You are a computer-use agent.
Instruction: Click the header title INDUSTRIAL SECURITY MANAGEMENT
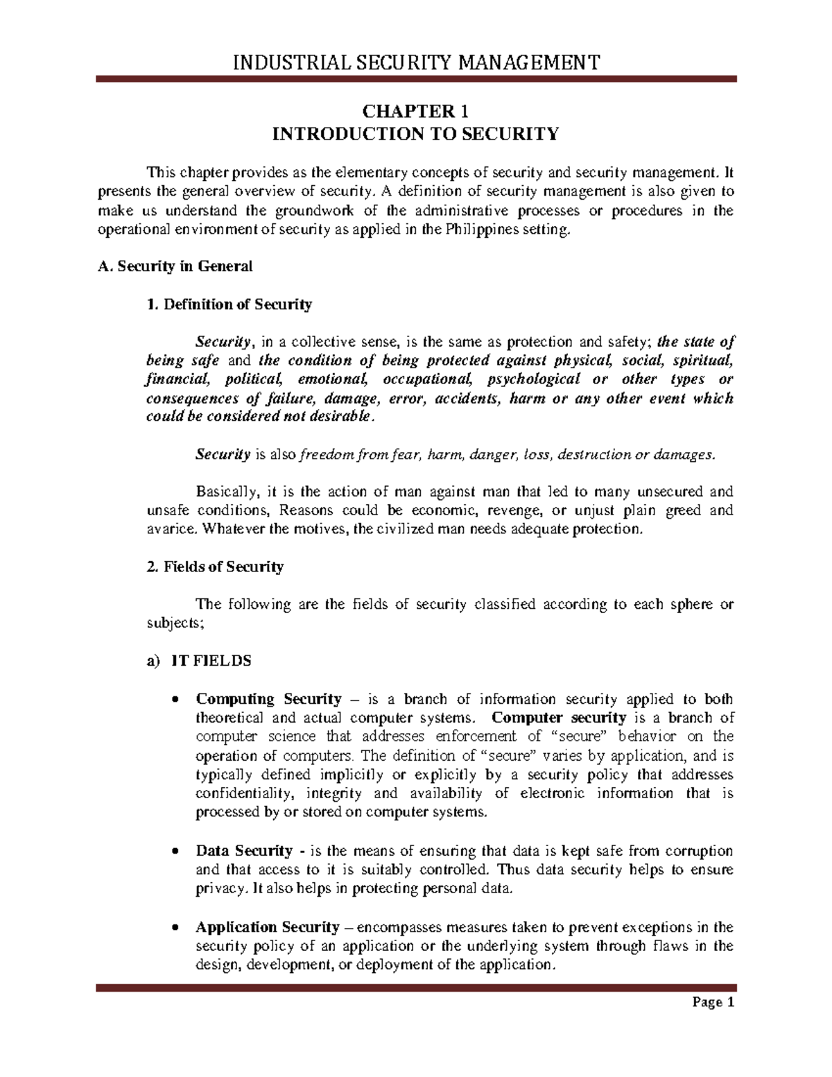(415, 64)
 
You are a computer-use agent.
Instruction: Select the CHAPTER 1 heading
(415, 111)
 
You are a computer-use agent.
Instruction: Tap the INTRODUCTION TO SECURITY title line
(415, 133)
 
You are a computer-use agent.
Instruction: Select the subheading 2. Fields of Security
(190, 567)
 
